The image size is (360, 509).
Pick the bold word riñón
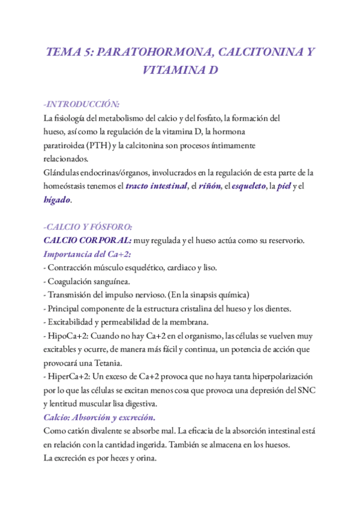(208, 186)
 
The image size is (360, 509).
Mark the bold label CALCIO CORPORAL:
(87, 240)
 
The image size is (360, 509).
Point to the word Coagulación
(74, 281)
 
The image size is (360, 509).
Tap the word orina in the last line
(145, 457)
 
